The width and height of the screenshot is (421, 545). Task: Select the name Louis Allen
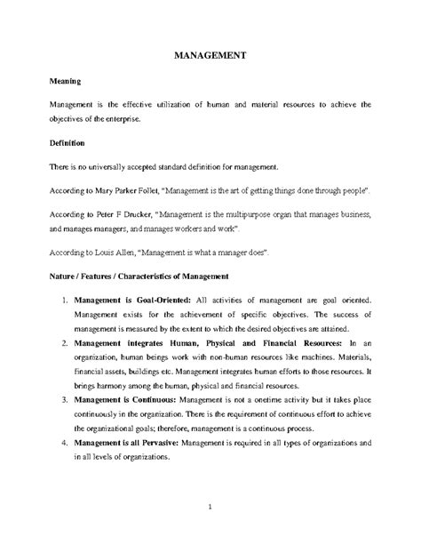(x=113, y=252)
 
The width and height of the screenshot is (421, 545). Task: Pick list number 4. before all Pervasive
(x=65, y=442)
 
